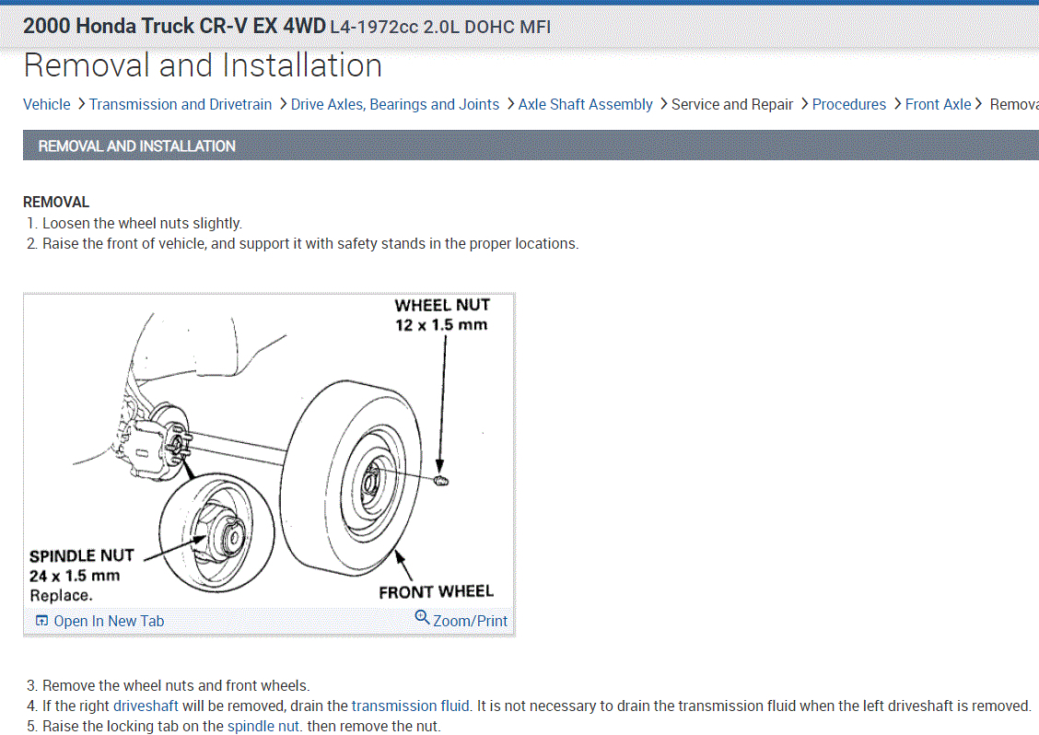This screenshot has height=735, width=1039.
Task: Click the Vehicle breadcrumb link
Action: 46,104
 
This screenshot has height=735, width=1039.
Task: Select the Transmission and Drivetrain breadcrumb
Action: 181,104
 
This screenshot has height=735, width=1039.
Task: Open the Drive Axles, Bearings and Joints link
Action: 395,104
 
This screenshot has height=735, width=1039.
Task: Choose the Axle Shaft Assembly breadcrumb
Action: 585,104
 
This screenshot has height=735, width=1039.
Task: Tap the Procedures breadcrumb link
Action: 848,104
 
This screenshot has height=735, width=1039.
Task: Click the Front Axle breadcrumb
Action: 938,104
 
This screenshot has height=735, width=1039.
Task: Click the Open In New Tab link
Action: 108,621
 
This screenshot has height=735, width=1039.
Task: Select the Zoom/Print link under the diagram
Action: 470,621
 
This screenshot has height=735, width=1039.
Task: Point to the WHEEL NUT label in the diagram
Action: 442,305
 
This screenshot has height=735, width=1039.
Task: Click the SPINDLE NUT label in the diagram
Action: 82,555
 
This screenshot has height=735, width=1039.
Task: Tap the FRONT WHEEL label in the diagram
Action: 436,591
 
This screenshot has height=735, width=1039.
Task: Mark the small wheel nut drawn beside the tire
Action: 440,482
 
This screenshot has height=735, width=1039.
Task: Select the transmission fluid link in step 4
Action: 411,706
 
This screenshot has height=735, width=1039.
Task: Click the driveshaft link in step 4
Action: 146,706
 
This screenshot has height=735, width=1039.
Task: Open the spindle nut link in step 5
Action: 264,726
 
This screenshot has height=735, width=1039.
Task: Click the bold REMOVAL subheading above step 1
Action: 56,202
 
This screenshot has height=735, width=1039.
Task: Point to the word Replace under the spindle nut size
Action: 60,595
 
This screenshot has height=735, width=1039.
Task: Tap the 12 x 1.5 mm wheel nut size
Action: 441,325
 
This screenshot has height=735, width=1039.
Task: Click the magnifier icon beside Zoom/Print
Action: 422,618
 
